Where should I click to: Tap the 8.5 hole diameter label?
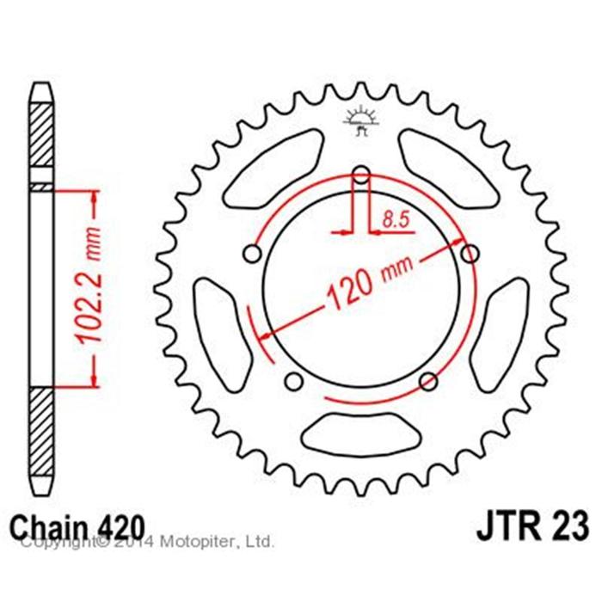[396, 220]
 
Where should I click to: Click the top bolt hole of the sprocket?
[361, 175]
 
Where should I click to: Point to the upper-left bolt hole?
[252, 254]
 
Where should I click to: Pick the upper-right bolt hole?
[470, 254]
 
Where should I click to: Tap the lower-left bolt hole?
[294, 381]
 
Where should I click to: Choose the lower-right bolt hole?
[428, 381]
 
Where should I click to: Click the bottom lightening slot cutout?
[361, 435]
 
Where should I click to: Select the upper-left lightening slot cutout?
[273, 169]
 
